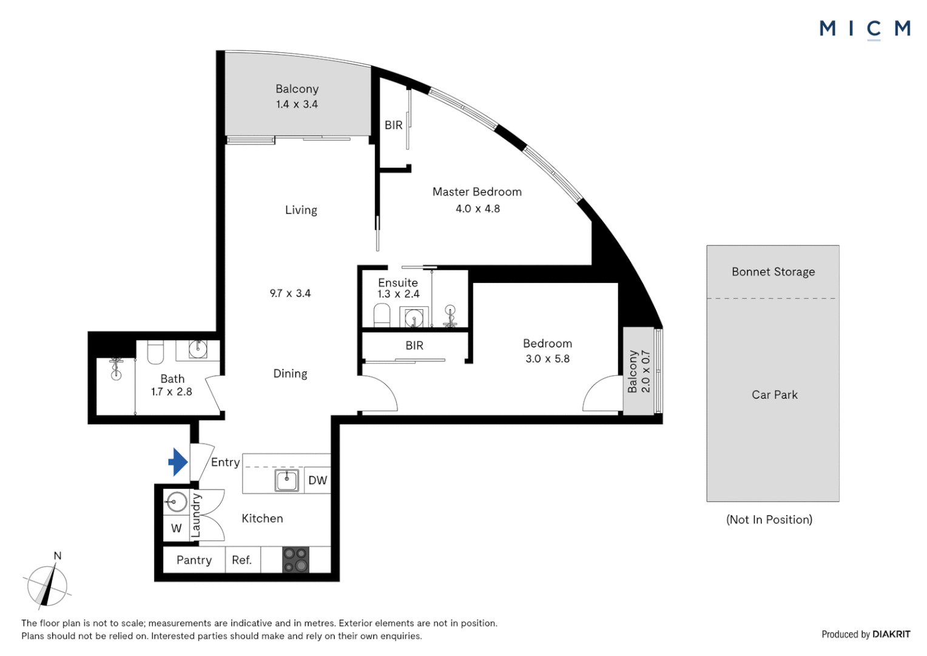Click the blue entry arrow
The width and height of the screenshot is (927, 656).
coord(178,462)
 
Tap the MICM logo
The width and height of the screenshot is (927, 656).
coord(865,29)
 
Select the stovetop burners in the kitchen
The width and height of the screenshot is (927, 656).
coord(295,559)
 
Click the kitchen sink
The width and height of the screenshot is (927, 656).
coord(286,480)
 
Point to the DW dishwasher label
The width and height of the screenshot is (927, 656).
coord(318,480)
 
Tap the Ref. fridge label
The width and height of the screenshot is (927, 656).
coord(242,560)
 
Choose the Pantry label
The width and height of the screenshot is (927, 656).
coord(194,560)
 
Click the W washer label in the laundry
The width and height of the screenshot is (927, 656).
coord(177,528)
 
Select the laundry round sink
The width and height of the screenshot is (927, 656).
coord(176,503)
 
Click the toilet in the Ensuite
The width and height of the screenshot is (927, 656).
coord(382,315)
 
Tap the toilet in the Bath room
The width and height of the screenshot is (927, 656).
coord(155,352)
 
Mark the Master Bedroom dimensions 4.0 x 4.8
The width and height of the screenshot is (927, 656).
coord(477,208)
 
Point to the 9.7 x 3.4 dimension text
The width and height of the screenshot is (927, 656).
coord(290,293)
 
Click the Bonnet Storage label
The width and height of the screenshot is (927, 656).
coord(773,272)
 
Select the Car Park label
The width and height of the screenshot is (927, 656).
coord(774,395)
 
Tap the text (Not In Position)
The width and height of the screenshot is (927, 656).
coord(769,520)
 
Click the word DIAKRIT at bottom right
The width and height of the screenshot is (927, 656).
coord(891,634)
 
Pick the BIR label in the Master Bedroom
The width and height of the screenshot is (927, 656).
coord(393,125)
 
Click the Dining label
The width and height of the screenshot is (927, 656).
coord(290,374)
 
